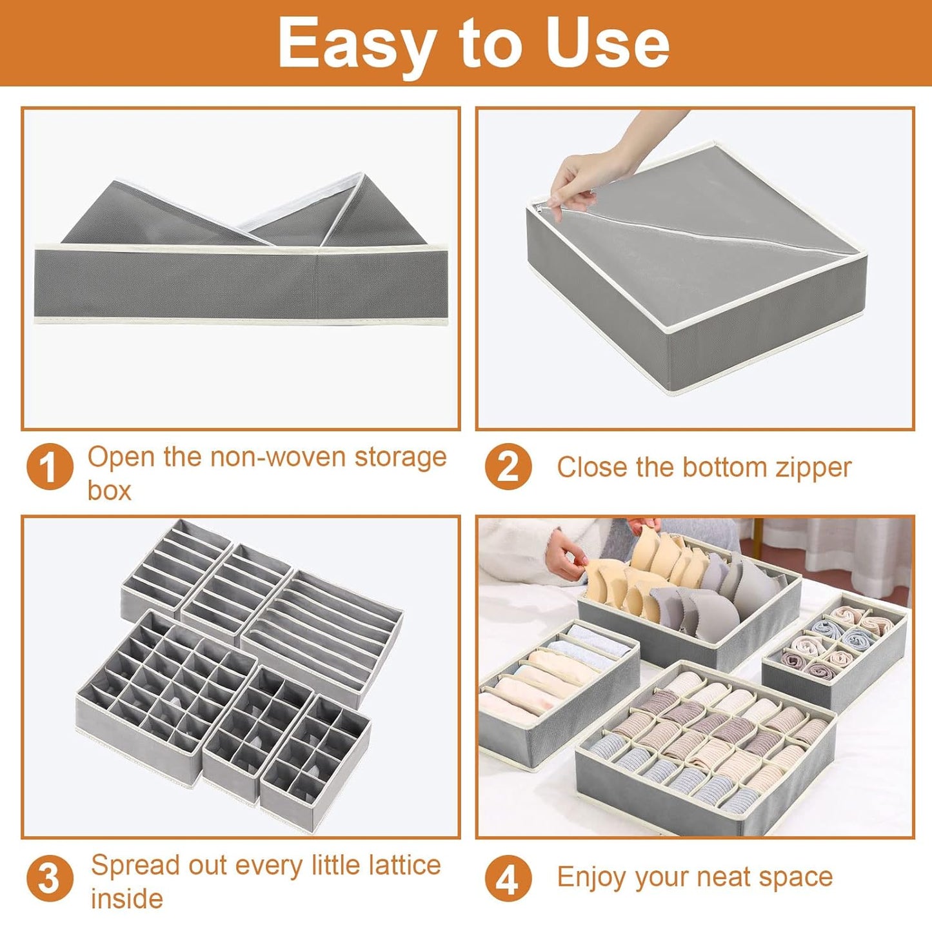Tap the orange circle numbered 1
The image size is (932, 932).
50,468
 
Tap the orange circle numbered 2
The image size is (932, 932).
508,467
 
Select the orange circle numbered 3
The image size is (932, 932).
50,878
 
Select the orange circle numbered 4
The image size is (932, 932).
508,878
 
